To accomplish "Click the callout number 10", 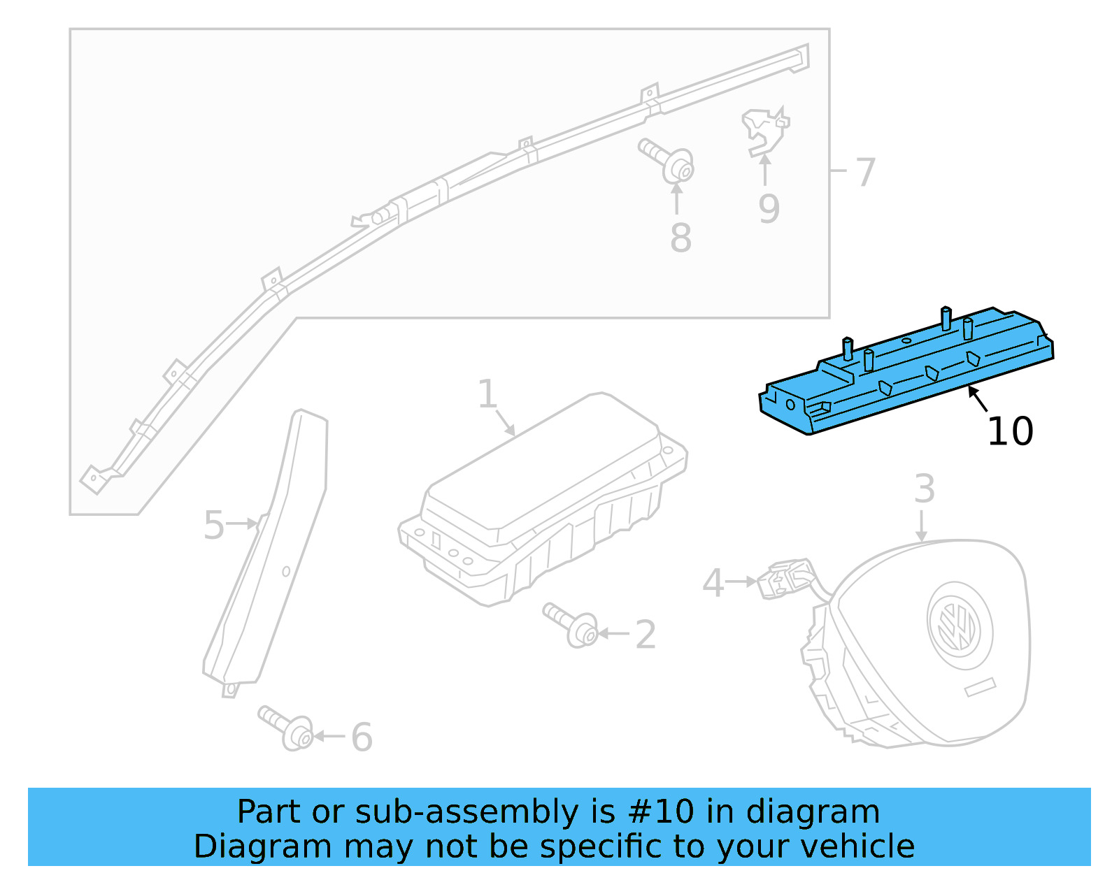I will pos(1010,431).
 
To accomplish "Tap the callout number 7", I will pos(866,172).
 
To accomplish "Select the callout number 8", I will pos(680,238).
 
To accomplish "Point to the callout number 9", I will pos(769,209).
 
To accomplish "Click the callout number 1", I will pos(487,394).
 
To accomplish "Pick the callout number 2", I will pos(646,635).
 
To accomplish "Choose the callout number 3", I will pos(924,489).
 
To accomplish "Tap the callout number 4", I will pos(713,583).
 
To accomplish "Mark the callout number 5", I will pos(213,525).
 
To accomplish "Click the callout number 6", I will pos(362,737).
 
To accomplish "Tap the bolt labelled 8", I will pos(668,161).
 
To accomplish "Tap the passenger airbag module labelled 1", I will pos(542,496).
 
